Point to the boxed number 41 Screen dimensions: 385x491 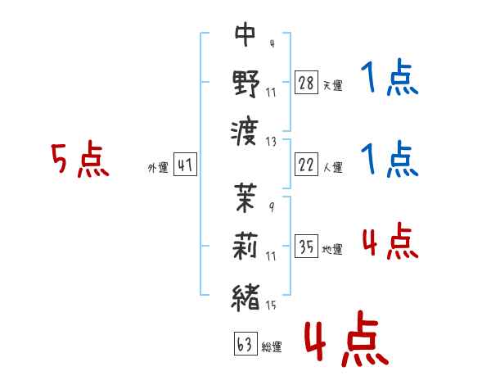185,165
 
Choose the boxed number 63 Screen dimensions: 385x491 245,344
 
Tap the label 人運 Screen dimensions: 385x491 332,167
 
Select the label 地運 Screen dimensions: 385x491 332,249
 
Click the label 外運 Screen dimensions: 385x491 158,167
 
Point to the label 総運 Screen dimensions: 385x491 271,346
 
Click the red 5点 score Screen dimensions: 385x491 80,161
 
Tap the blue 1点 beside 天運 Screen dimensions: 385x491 390,79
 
